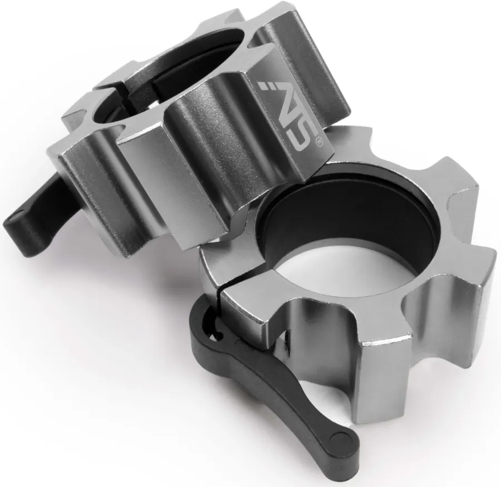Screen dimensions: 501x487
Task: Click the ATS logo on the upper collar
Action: click(x=288, y=115)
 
